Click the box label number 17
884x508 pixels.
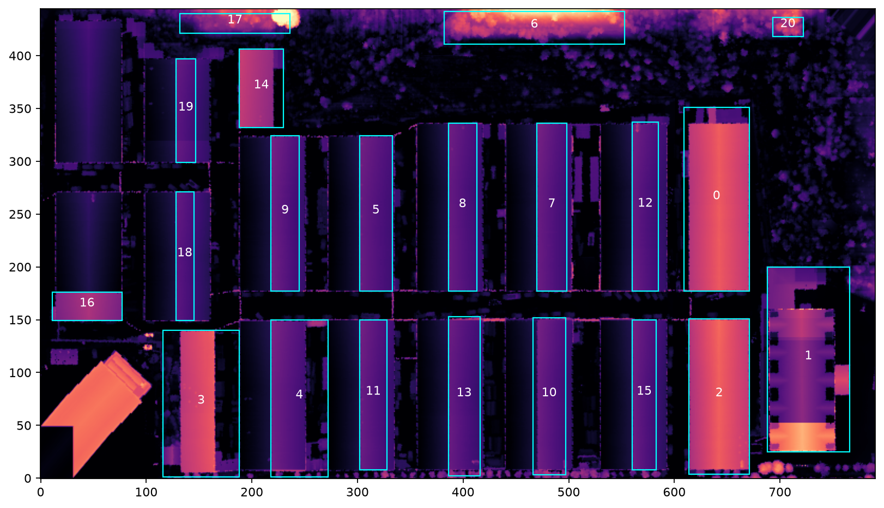(x=235, y=19)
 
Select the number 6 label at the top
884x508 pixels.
(x=534, y=23)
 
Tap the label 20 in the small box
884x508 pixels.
(x=788, y=23)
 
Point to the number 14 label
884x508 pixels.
(x=261, y=84)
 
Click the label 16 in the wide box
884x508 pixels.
(x=87, y=303)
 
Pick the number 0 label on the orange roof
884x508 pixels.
(x=717, y=195)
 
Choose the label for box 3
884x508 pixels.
(x=201, y=400)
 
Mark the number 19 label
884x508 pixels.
(x=186, y=106)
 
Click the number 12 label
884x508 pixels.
(x=645, y=202)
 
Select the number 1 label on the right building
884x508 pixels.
(x=808, y=355)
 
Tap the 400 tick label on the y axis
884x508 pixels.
(x=20, y=56)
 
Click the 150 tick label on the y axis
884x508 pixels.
(x=20, y=320)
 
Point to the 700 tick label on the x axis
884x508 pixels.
(x=780, y=492)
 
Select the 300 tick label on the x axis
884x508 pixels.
(x=358, y=492)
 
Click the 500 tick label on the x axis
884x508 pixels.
(x=568, y=492)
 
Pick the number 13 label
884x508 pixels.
(x=464, y=392)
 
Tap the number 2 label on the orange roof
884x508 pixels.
(x=719, y=392)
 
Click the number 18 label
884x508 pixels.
(x=185, y=252)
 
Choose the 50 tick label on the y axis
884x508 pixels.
(x=24, y=426)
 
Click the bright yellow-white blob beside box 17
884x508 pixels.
(x=286, y=18)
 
